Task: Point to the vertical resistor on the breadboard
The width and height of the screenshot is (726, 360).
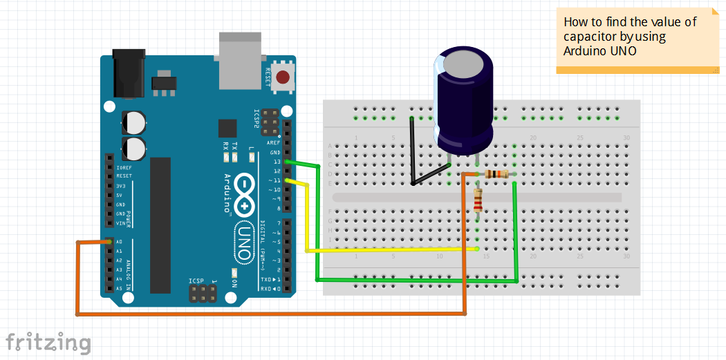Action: pyautogui.click(x=478, y=201)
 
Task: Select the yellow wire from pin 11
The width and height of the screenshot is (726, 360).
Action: pyautogui.click(x=387, y=249)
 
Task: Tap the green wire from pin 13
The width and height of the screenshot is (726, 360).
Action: pyautogui.click(x=415, y=280)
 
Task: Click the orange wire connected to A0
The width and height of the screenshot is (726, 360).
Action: pyautogui.click(x=270, y=315)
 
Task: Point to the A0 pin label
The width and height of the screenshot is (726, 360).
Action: pyautogui.click(x=120, y=242)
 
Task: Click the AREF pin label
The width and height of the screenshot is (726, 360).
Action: pyautogui.click(x=274, y=143)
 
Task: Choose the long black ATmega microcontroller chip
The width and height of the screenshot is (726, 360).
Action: pyautogui.click(x=160, y=225)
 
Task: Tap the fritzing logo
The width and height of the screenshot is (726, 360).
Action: pyautogui.click(x=48, y=342)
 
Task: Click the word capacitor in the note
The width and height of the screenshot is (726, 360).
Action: pyautogui.click(x=588, y=37)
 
